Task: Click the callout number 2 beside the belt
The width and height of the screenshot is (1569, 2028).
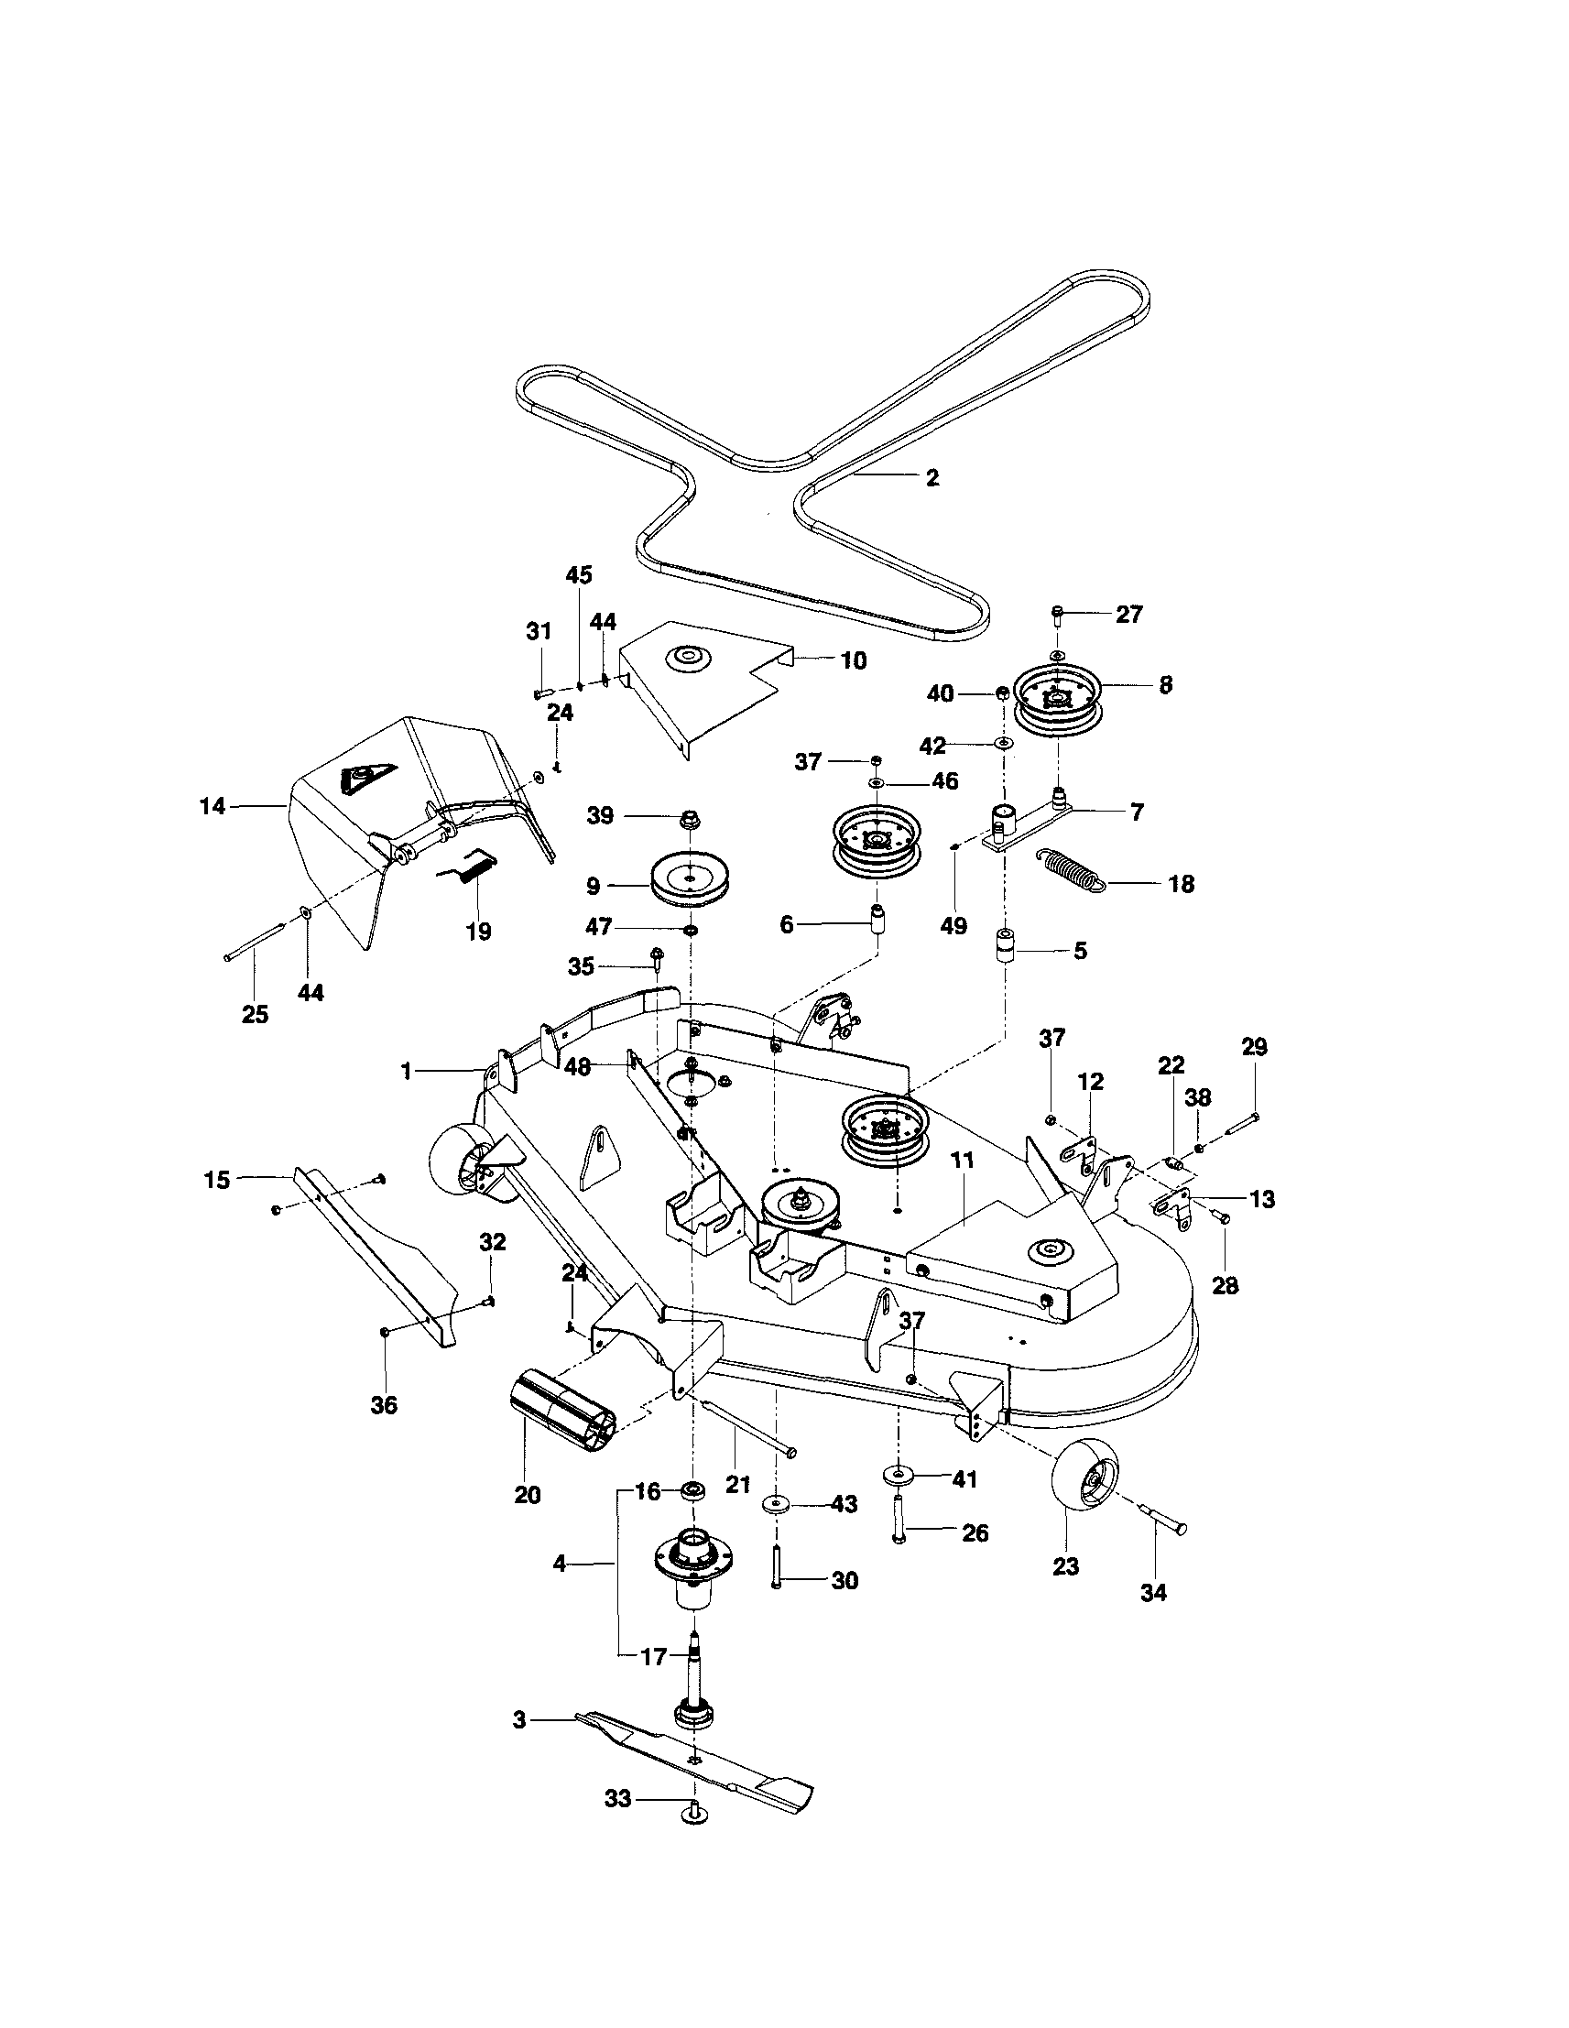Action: (x=932, y=477)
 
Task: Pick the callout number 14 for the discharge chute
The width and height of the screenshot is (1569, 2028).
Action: (x=212, y=806)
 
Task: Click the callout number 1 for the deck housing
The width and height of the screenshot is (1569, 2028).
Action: (x=406, y=1071)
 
